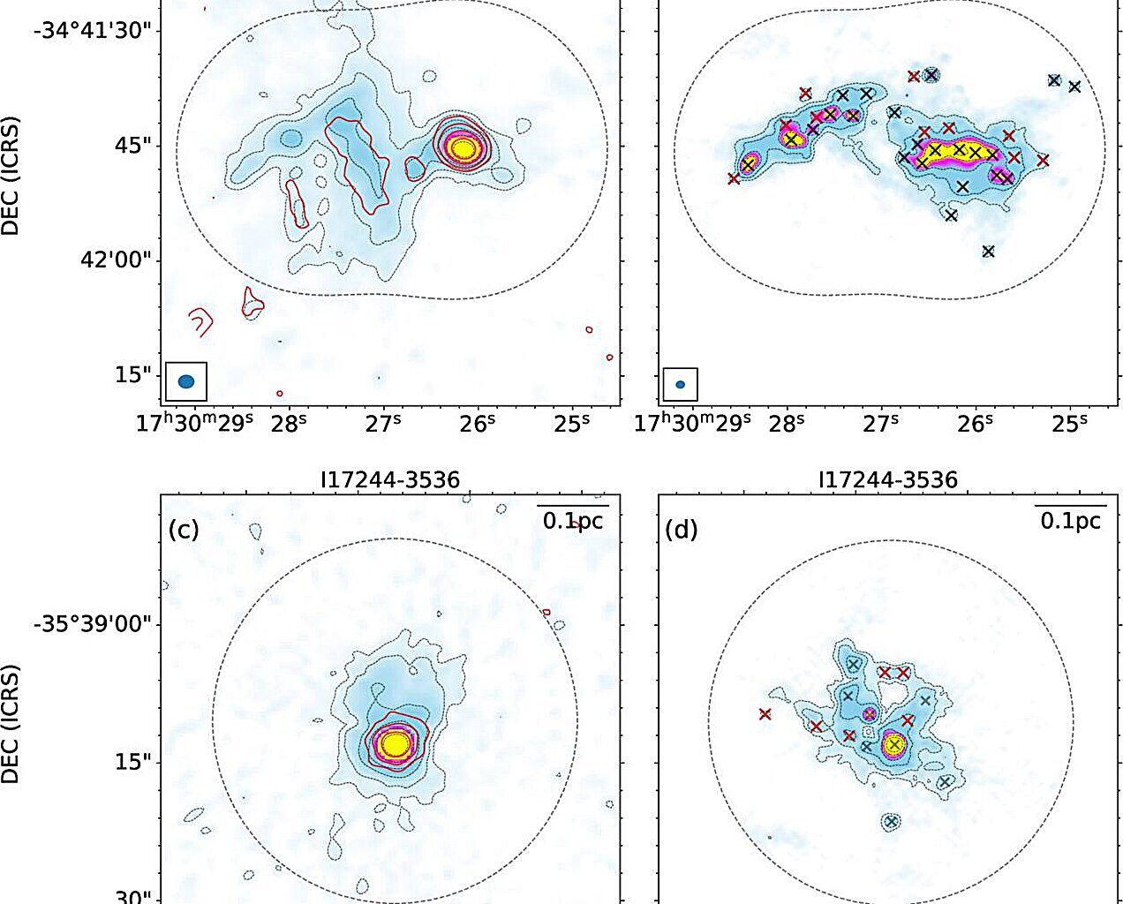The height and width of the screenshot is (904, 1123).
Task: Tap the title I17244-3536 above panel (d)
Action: coord(887,480)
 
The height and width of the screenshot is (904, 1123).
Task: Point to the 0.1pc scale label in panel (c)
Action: coord(573,521)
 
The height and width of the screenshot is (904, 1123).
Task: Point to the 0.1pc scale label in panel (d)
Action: coord(1071,521)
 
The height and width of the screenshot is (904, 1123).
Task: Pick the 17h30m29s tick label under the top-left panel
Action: coord(195,422)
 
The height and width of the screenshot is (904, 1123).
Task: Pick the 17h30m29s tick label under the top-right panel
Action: coord(692,422)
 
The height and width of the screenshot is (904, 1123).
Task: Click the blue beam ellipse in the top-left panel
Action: coord(186,381)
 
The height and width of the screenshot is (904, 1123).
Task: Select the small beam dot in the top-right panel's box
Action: coord(680,384)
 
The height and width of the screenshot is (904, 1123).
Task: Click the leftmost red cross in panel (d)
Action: coord(765,714)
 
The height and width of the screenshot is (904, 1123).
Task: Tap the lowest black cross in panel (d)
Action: coord(891,822)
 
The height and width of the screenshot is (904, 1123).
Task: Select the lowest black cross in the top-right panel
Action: coord(988,252)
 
